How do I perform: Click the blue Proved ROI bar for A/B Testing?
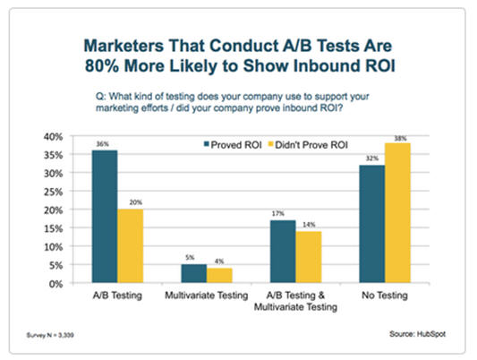click(x=105, y=217)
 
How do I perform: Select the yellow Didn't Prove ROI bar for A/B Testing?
click(x=130, y=246)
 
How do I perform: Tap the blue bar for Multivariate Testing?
click(x=194, y=273)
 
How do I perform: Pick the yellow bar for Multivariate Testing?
click(x=219, y=276)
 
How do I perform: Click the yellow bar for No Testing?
click(x=397, y=213)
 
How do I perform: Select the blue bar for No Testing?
click(x=372, y=224)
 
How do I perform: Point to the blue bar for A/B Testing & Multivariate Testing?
click(x=283, y=252)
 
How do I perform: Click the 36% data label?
click(x=103, y=144)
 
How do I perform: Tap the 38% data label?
click(x=400, y=139)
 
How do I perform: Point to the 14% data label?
click(x=309, y=225)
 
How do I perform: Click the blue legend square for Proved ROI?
click(x=207, y=144)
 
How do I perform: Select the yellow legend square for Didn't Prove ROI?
click(x=270, y=144)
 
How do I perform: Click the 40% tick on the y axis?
click(x=53, y=137)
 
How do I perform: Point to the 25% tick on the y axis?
click(x=53, y=192)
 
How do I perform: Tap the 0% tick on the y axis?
click(x=56, y=284)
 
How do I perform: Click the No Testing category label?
click(x=385, y=296)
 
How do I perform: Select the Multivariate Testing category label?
click(x=206, y=296)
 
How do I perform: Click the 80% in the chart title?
click(x=102, y=65)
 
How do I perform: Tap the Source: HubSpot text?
click(x=417, y=334)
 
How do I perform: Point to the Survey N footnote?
click(x=50, y=335)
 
